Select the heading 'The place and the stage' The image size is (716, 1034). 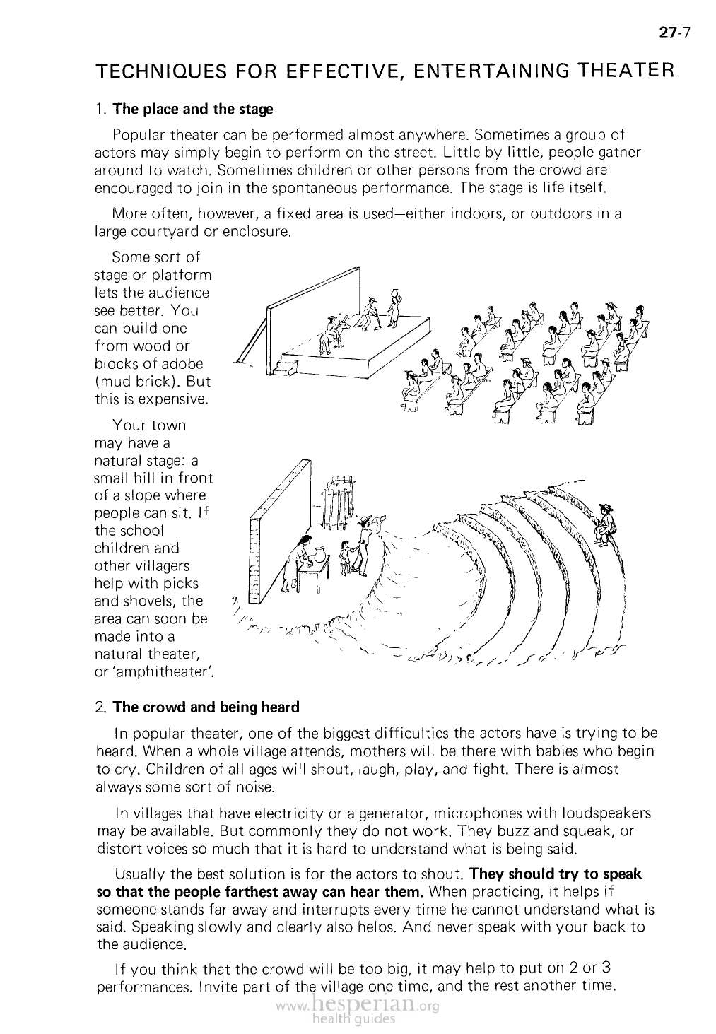pyautogui.click(x=192, y=110)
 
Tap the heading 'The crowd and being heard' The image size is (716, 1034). pyautogui.click(x=206, y=707)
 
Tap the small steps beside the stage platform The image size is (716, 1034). pyautogui.click(x=286, y=366)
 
